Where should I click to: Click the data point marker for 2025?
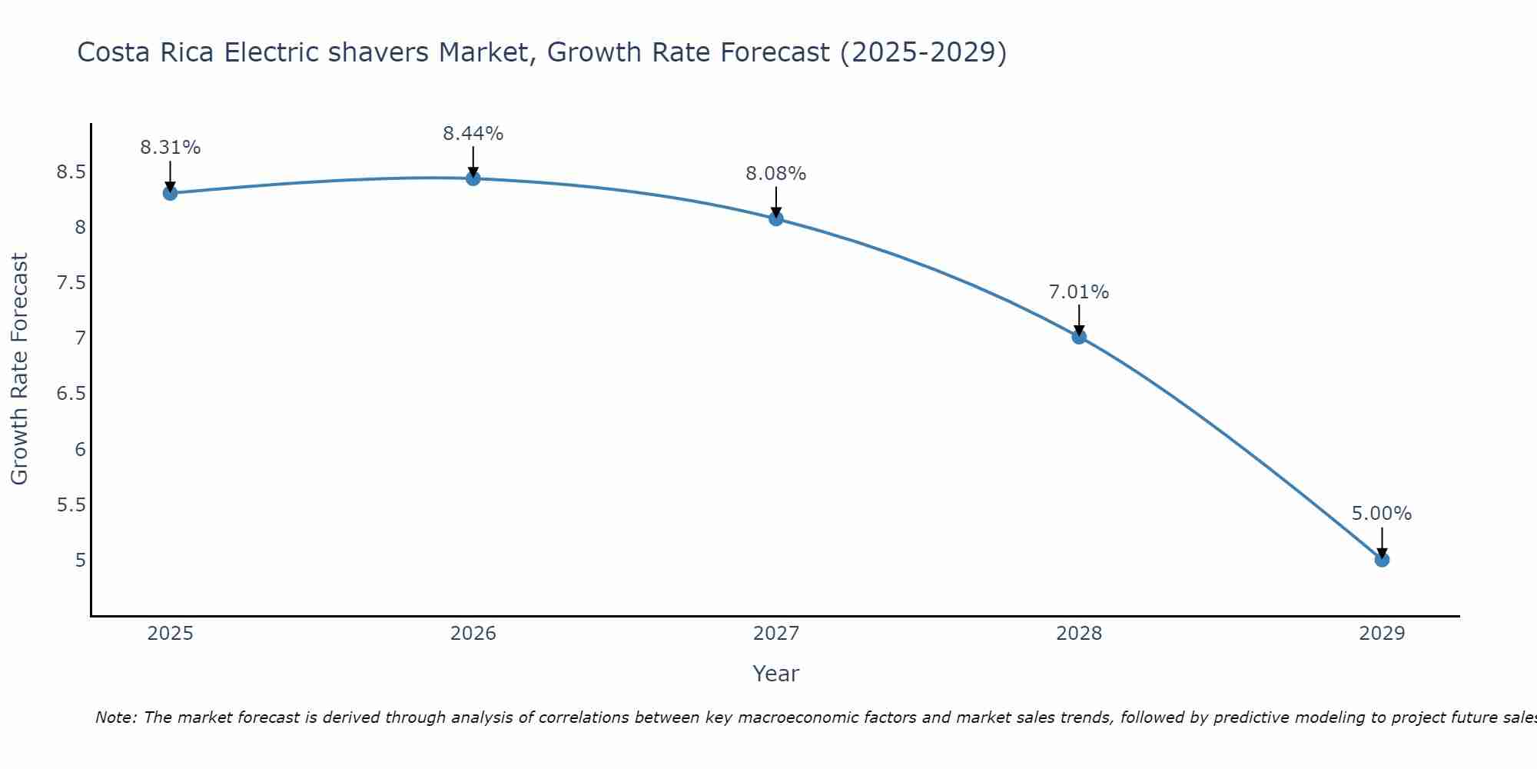point(170,193)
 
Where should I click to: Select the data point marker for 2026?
point(473,178)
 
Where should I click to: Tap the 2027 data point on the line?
point(776,218)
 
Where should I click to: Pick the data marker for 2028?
point(1079,337)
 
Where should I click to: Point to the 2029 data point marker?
point(1382,560)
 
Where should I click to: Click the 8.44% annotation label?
point(473,134)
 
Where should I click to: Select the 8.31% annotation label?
point(170,148)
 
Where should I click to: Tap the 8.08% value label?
point(776,174)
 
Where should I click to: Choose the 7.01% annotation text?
point(1079,292)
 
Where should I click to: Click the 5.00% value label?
point(1382,514)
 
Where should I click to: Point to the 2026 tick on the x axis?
point(473,634)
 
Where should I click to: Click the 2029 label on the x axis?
point(1382,634)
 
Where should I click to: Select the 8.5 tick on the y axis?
point(71,171)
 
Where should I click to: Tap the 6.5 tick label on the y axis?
point(71,394)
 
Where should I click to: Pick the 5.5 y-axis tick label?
point(71,504)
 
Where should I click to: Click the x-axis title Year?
point(776,674)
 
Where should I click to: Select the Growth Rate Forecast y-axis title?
point(20,369)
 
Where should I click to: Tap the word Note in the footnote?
point(115,717)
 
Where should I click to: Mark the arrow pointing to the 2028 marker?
point(1079,319)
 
